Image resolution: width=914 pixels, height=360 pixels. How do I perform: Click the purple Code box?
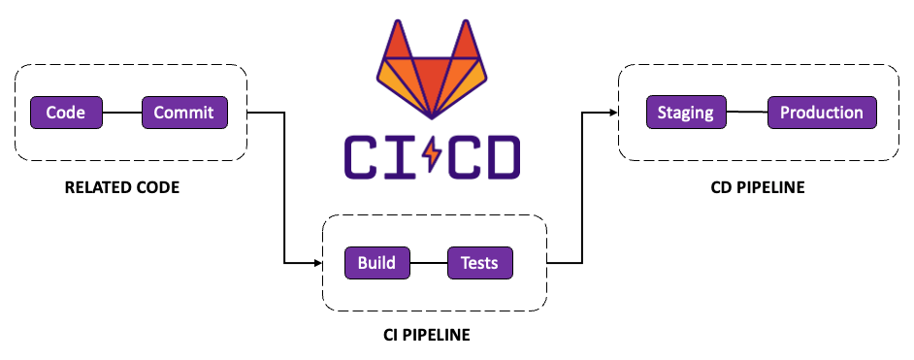pos(66,113)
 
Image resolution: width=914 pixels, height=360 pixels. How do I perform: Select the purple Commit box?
pos(184,113)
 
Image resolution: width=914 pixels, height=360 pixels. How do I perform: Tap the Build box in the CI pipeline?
pos(376,263)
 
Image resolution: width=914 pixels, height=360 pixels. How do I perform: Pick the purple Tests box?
pos(479,263)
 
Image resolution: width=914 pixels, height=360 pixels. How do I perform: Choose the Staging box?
pos(685,113)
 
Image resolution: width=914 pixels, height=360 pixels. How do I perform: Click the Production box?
pos(822,113)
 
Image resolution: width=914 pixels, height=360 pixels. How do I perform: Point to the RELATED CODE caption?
pos(121,187)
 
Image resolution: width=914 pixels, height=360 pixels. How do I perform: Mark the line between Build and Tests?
pos(428,263)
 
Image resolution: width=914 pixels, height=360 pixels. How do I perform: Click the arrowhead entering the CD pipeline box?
pos(613,113)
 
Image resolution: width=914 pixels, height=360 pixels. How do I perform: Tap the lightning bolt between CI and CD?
pos(431,154)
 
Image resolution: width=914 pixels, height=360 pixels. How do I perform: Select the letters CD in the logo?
pos(482,155)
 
